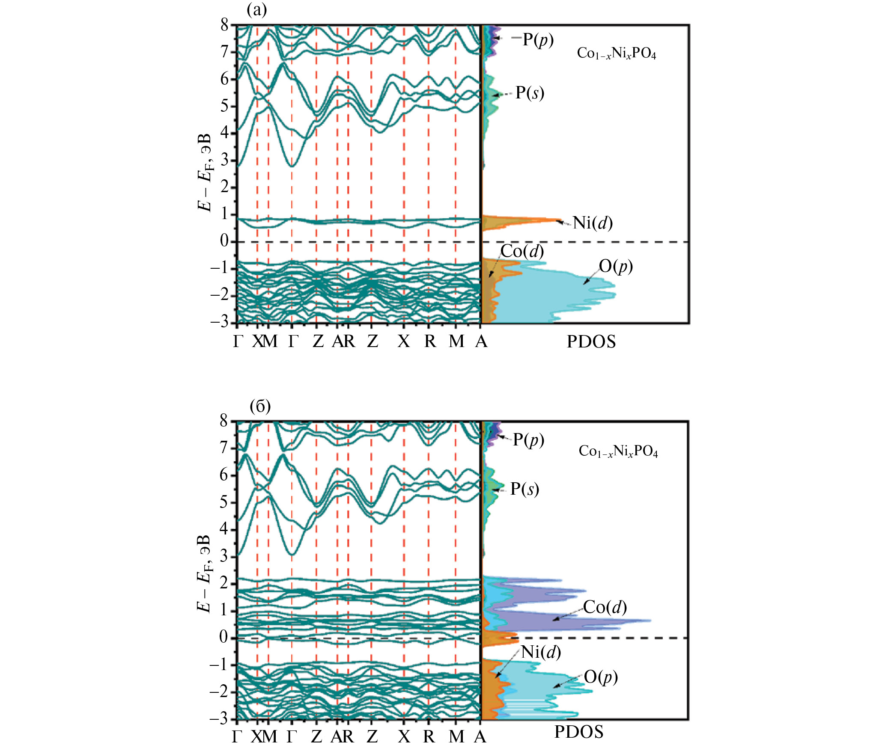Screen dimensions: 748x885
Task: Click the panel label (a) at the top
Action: [257, 10]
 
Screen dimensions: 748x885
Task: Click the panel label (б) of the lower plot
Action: [260, 406]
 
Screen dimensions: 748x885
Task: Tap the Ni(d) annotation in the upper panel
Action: [593, 223]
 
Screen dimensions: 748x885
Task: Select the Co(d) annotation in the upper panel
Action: [522, 251]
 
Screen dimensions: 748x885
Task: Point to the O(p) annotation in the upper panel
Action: [615, 266]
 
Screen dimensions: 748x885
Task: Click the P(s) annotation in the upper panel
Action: [530, 92]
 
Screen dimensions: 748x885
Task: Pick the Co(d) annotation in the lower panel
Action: [605, 607]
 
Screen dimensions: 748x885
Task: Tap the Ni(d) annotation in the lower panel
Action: [541, 652]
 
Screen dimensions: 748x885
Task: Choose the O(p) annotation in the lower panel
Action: [601, 677]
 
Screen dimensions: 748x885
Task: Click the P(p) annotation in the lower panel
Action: [528, 439]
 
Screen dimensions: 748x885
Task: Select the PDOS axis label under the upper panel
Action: [591, 341]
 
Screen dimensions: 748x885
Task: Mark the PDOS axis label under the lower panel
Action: [579, 732]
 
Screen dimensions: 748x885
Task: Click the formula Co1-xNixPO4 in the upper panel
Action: [616, 53]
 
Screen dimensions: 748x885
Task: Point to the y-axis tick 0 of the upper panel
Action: [224, 241]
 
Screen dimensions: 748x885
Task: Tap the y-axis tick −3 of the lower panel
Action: [219, 718]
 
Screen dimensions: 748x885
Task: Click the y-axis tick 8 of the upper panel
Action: [225, 25]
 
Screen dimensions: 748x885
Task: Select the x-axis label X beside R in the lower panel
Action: [404, 736]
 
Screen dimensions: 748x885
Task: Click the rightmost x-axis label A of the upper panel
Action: [481, 341]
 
